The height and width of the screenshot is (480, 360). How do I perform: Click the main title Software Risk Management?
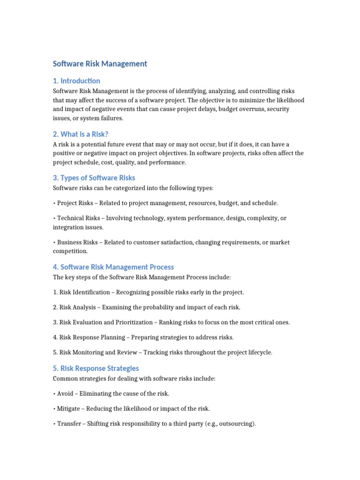[x=100, y=64]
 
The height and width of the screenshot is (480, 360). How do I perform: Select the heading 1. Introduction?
[x=76, y=81]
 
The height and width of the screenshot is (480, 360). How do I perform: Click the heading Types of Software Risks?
[x=94, y=178]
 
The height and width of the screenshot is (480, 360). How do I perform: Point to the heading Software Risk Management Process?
[x=113, y=267]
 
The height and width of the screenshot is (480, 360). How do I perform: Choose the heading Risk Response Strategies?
[x=96, y=368]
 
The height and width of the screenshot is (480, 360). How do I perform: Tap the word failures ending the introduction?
[x=111, y=118]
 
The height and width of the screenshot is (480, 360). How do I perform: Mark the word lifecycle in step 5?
[x=257, y=352]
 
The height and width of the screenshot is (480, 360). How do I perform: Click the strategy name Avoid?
[x=65, y=394]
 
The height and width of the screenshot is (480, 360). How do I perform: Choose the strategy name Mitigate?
[x=69, y=409]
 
